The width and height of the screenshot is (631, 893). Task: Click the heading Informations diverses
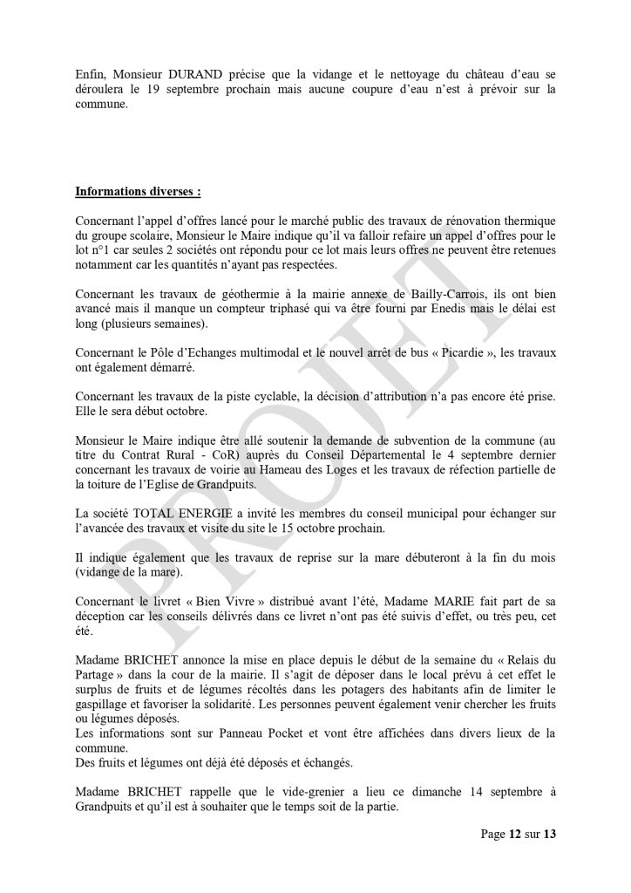pyautogui.click(x=138, y=190)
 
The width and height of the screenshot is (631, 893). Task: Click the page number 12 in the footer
pyautogui.click(x=515, y=834)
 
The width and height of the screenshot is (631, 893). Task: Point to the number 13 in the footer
pyautogui.click(x=549, y=834)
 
